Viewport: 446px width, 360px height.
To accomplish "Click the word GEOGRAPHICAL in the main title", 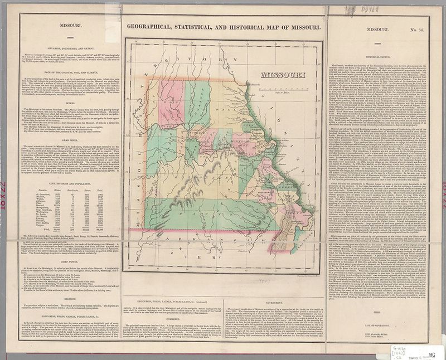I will tap(152, 27).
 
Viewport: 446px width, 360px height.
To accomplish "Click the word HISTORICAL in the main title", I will tap(256, 27).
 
